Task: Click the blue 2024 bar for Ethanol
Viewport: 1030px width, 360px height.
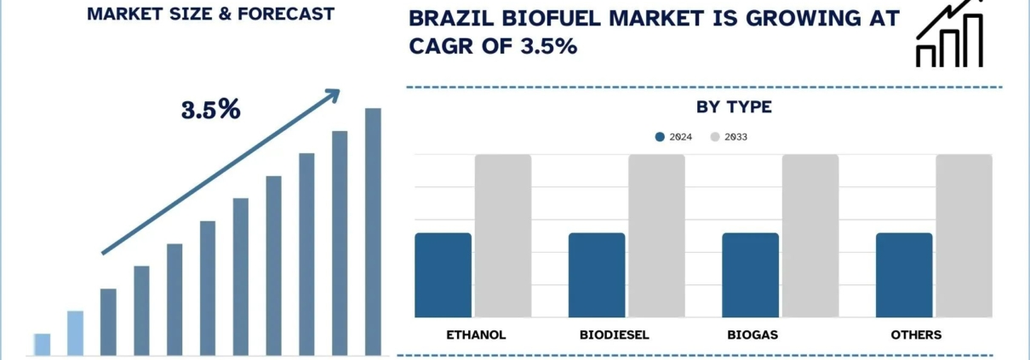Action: [x=443, y=275]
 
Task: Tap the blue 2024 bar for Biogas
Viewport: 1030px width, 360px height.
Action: [x=750, y=275]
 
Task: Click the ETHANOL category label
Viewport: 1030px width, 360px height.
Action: [x=476, y=334]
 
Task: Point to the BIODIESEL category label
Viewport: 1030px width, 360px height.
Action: [x=614, y=334]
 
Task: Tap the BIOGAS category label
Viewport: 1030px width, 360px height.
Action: [x=753, y=334]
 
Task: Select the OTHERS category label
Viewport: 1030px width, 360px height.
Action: [x=916, y=334]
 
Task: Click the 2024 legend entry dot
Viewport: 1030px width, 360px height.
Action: [x=660, y=136]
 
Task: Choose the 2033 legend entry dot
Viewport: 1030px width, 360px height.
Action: [x=715, y=136]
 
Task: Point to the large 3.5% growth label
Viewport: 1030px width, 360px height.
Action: [x=210, y=109]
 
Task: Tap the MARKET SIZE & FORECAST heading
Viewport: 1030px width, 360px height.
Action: [x=210, y=14]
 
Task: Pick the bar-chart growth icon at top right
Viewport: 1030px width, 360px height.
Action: [x=949, y=34]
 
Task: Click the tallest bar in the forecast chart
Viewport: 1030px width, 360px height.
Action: [x=373, y=231]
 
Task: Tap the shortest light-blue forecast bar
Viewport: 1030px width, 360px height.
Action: [x=43, y=344]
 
